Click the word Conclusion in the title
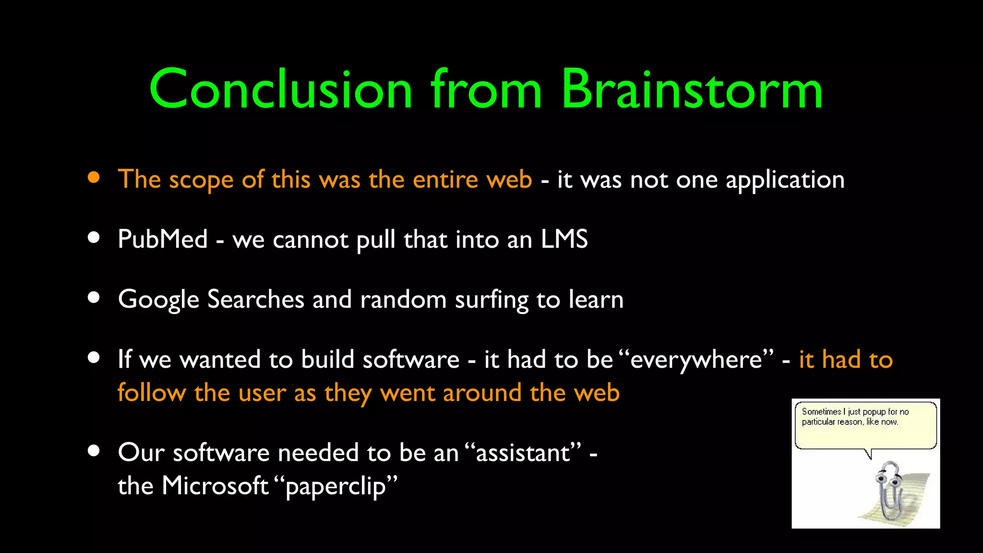coord(281,90)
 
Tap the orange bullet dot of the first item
coord(94,178)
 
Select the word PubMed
coord(162,239)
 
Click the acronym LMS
coord(564,239)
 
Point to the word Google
coord(158,300)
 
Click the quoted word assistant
coord(523,453)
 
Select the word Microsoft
coord(215,486)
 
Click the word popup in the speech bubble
coord(874,412)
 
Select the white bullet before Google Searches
coord(94,298)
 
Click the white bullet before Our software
coord(94,451)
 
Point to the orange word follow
coord(152,393)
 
